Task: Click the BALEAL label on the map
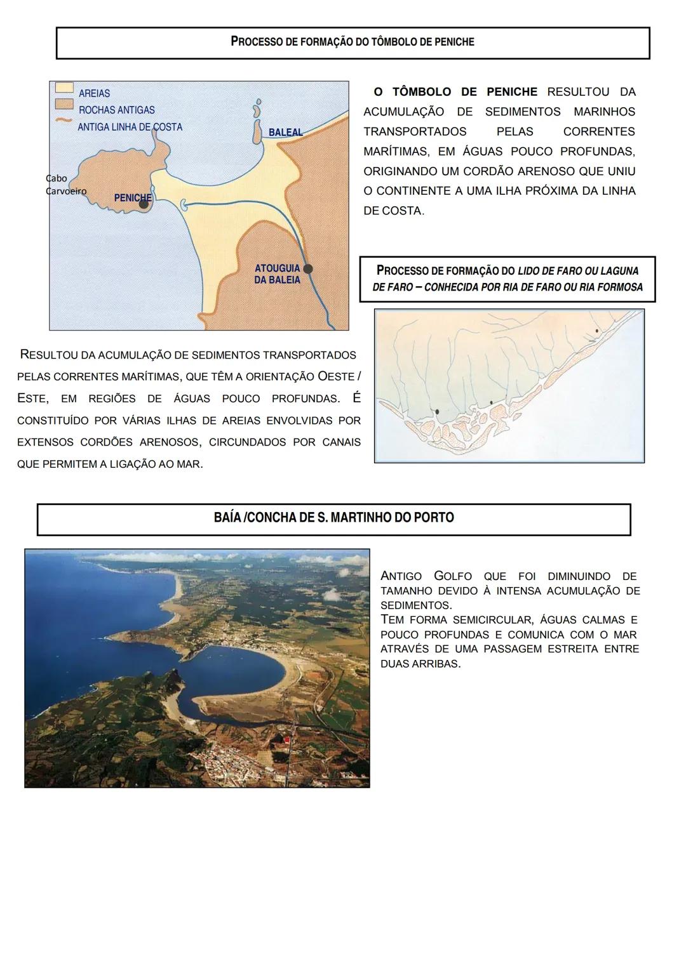coord(285,133)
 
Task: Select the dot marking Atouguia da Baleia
coord(308,268)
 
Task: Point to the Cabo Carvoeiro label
coord(65,185)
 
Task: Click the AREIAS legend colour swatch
coord(64,88)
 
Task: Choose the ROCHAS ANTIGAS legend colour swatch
coord(64,104)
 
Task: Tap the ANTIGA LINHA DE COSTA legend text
coord(130,127)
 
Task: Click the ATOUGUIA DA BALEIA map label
coord(277,274)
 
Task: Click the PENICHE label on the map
coord(132,197)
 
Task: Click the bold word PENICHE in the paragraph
coord(511,92)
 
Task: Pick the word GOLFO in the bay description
coord(452,576)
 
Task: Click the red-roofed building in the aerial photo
coord(286,739)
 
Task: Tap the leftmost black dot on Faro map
coord(437,411)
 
